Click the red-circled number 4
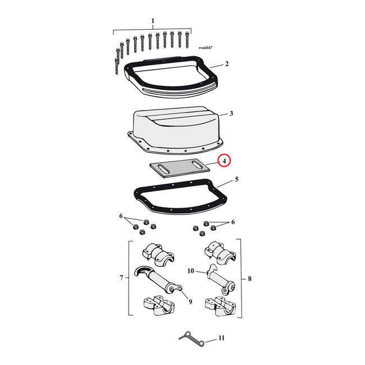point(224,161)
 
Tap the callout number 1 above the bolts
point(152,21)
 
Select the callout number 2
point(226,64)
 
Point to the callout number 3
point(231,113)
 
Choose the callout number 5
point(236,180)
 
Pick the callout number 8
point(249,277)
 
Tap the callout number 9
point(190,302)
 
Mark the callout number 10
point(190,271)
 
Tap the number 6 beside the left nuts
point(120,216)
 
